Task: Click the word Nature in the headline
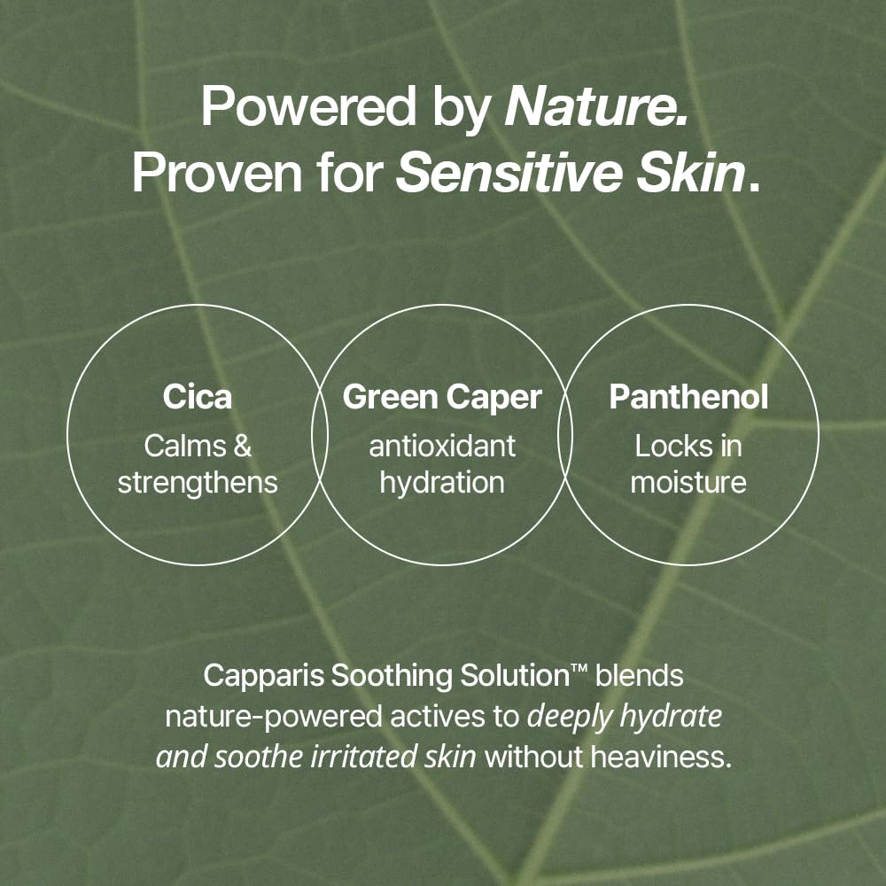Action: [595, 107]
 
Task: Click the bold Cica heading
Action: [198, 398]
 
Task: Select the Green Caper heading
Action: [442, 398]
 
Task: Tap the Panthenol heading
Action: [688, 398]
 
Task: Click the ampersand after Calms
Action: [241, 447]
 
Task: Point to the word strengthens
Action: [198, 482]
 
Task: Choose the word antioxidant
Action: [442, 447]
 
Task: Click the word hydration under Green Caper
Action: [442, 482]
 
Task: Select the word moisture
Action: [688, 482]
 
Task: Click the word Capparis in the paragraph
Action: [263, 676]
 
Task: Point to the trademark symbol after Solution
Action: [579, 671]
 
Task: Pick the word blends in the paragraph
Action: [639, 676]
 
